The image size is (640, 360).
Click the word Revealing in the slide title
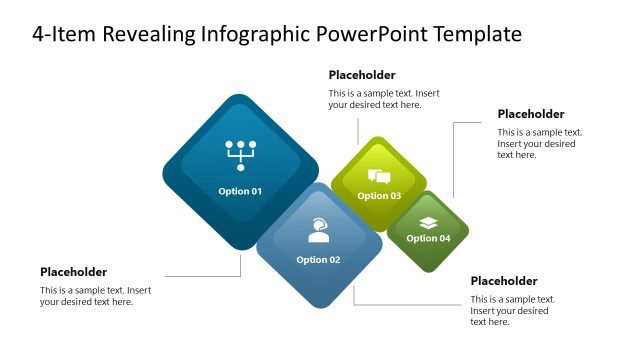pyautogui.click(x=152, y=35)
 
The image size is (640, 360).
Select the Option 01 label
pyautogui.click(x=240, y=191)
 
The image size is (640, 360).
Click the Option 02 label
pyautogui.click(x=318, y=260)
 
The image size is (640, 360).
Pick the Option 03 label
pyautogui.click(x=379, y=196)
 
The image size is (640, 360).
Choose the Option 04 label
pyautogui.click(x=428, y=238)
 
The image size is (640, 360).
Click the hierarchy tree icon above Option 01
pyautogui.click(x=240, y=154)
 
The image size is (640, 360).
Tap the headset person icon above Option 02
pyautogui.click(x=318, y=231)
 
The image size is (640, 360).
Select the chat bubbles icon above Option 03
pyautogui.click(x=379, y=177)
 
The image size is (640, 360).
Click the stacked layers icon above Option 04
pyautogui.click(x=428, y=222)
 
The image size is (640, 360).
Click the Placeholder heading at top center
pyautogui.click(x=362, y=75)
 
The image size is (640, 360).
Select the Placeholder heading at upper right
pyautogui.click(x=531, y=114)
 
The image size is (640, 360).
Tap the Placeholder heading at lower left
pyautogui.click(x=73, y=272)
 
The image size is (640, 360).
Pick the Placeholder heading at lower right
pyautogui.click(x=504, y=281)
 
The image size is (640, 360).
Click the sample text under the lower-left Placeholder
pyautogui.click(x=95, y=296)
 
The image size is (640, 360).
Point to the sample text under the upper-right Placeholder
pyautogui.click(x=539, y=143)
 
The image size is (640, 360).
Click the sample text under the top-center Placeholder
pyautogui.click(x=383, y=99)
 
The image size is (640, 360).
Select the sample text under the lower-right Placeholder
pyautogui.click(x=512, y=310)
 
